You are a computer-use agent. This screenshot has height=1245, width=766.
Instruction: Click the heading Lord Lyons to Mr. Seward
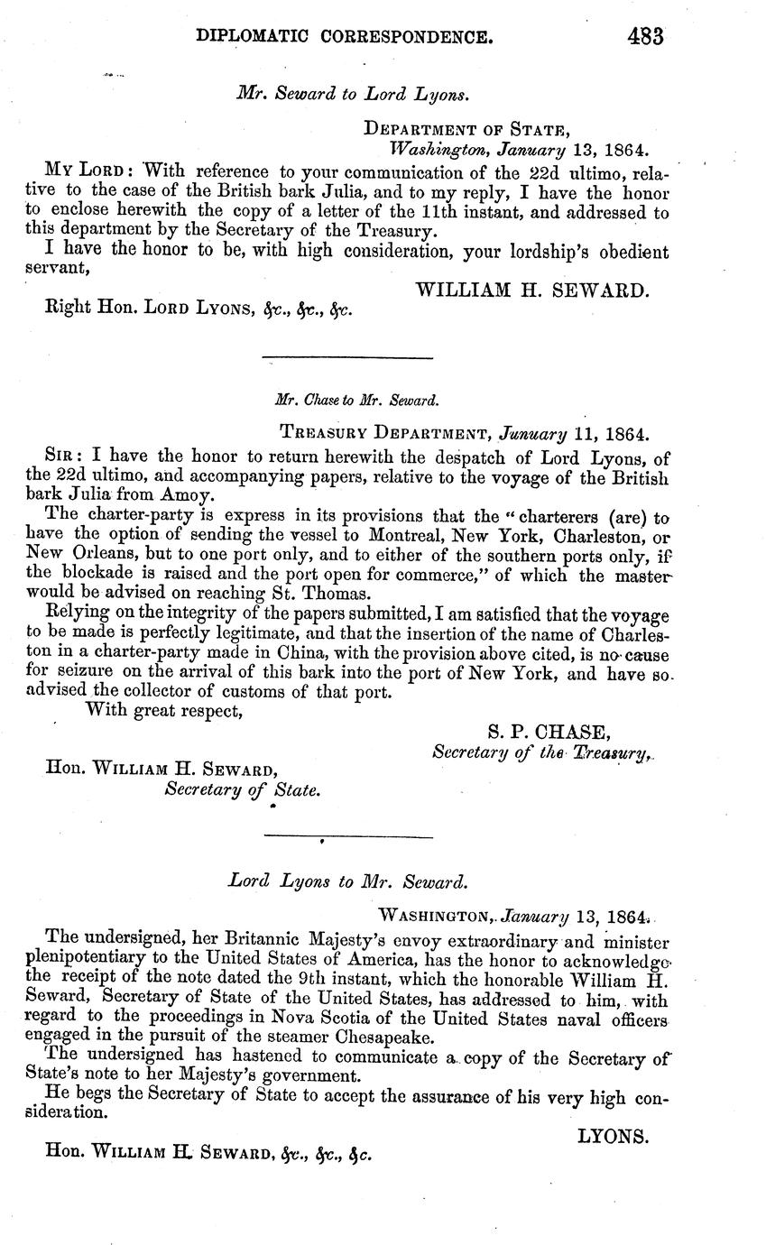pyautogui.click(x=347, y=881)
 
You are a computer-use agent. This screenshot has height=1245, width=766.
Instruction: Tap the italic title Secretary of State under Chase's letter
pyautogui.click(x=241, y=789)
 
